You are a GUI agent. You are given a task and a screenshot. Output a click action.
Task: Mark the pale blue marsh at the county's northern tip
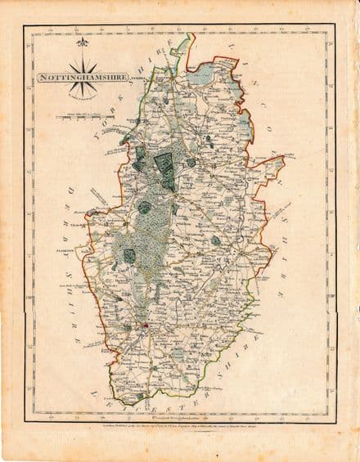(x=201, y=78)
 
